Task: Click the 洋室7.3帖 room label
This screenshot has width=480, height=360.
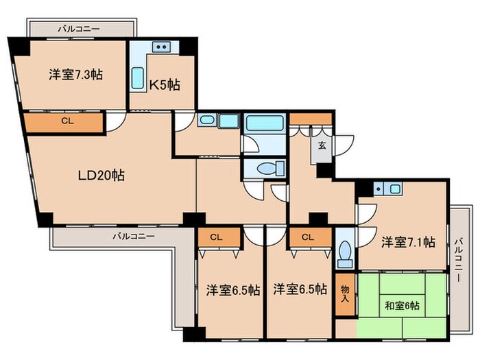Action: (75, 75)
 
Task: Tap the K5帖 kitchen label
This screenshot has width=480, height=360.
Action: (165, 85)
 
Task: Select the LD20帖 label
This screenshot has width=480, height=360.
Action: (100, 175)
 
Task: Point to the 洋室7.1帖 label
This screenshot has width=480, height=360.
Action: (408, 241)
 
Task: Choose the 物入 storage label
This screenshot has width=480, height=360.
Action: (344, 293)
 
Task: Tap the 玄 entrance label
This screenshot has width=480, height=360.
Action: (321, 145)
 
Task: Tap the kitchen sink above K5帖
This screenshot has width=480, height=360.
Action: (163, 47)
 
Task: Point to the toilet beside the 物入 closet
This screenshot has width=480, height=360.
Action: (345, 254)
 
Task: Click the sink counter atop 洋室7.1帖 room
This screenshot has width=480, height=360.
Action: (388, 188)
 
